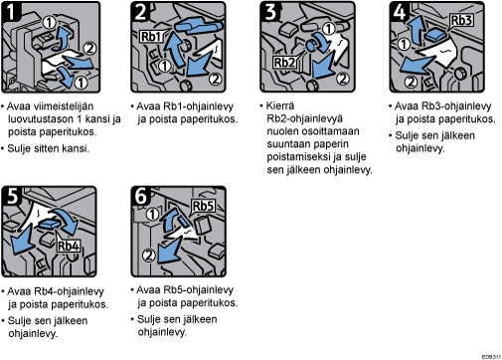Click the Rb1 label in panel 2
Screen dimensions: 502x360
point(152,37)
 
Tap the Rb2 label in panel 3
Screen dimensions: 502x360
point(284,62)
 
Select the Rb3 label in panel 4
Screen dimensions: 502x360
point(461,21)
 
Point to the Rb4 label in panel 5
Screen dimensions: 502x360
point(69,246)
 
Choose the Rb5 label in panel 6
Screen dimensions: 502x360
point(203,206)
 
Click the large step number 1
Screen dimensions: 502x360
point(11,12)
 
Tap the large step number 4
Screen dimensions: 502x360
point(400,12)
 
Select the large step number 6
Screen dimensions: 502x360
point(141,196)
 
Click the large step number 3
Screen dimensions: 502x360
point(270,12)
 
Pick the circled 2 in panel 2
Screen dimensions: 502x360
point(216,80)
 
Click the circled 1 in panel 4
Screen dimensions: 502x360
point(404,44)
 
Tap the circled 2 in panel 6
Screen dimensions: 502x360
point(149,256)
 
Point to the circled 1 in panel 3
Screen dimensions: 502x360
point(329,29)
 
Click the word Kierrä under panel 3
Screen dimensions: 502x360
point(280,106)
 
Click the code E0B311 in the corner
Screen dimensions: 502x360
point(491,357)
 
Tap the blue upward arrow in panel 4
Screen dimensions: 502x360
point(416,28)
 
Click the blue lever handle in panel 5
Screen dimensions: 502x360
point(50,225)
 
